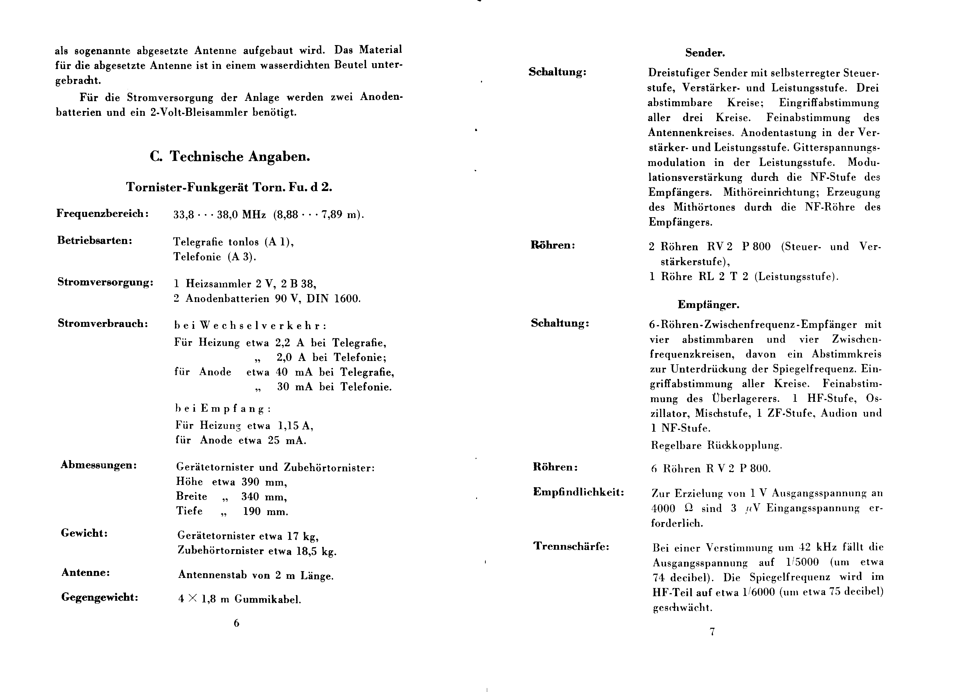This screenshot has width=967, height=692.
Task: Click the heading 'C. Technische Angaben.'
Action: tap(230, 157)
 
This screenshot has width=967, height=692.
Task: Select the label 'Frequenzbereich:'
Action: tap(103, 214)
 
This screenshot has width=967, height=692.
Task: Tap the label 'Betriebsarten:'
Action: tap(95, 241)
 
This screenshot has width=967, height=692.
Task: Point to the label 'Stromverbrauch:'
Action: tap(103, 324)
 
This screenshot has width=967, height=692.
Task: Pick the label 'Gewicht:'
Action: tap(84, 533)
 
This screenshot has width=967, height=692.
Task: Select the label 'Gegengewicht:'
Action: tap(100, 597)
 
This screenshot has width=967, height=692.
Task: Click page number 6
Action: tap(236, 624)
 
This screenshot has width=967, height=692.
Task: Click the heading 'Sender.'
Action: tap(705, 53)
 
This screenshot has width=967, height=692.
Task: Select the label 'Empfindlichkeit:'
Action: tap(578, 493)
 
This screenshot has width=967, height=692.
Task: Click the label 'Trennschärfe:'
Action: tap(571, 546)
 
